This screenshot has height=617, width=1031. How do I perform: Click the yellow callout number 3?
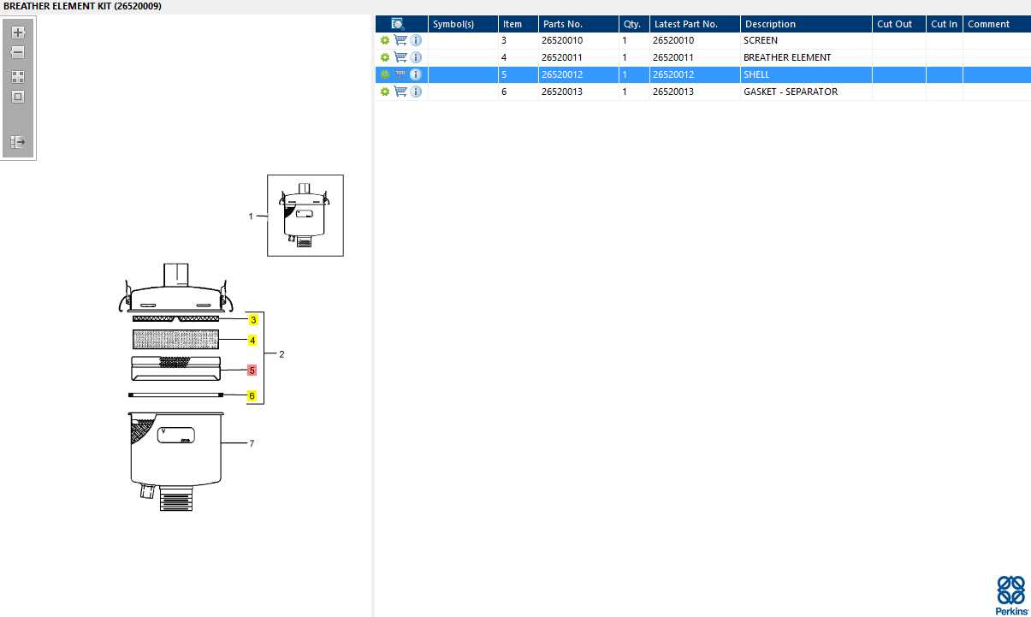252,320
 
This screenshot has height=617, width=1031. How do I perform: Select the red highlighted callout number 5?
252,371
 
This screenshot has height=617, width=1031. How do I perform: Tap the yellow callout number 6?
252,396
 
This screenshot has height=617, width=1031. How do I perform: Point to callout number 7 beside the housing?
252,443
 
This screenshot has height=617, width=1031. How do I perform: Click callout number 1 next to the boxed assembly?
251,217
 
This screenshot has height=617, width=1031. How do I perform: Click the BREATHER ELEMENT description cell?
786,57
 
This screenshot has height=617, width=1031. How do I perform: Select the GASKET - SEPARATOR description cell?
790,92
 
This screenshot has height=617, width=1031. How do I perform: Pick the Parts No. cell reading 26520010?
562,40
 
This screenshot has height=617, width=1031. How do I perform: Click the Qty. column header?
632,24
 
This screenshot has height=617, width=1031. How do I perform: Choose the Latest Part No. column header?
685,24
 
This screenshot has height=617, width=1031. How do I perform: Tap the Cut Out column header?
895,24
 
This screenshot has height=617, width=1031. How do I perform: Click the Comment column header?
988,24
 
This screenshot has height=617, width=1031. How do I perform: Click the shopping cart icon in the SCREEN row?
400,40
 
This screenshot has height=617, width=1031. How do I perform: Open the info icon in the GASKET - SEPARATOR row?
416,92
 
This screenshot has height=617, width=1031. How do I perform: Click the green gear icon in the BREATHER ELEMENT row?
385,57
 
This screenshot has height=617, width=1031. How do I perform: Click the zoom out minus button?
18,52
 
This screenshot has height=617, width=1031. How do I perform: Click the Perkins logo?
1011,594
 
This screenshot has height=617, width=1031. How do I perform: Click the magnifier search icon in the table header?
398,24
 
